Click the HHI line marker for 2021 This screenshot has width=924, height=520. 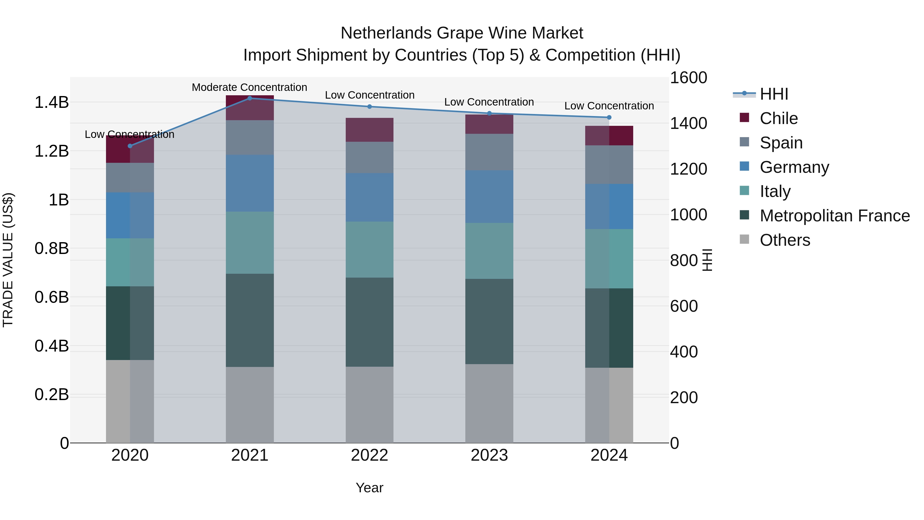(x=250, y=98)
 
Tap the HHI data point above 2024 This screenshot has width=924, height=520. (x=609, y=117)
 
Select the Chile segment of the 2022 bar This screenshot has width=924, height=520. (x=369, y=130)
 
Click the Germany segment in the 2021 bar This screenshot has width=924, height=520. (x=250, y=183)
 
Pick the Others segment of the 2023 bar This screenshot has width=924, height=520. (x=489, y=403)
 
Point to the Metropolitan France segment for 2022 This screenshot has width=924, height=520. (x=369, y=322)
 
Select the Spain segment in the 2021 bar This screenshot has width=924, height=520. (x=250, y=137)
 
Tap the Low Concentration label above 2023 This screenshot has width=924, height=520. (x=489, y=102)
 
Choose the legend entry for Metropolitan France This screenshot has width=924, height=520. (x=835, y=216)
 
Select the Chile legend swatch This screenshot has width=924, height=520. (x=744, y=118)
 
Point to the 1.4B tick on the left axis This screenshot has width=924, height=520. (x=51, y=102)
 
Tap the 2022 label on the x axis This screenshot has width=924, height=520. (x=369, y=455)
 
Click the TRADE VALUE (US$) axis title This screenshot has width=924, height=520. (x=8, y=260)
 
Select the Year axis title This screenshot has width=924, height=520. (x=369, y=488)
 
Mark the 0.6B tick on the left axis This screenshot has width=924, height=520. (x=51, y=297)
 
